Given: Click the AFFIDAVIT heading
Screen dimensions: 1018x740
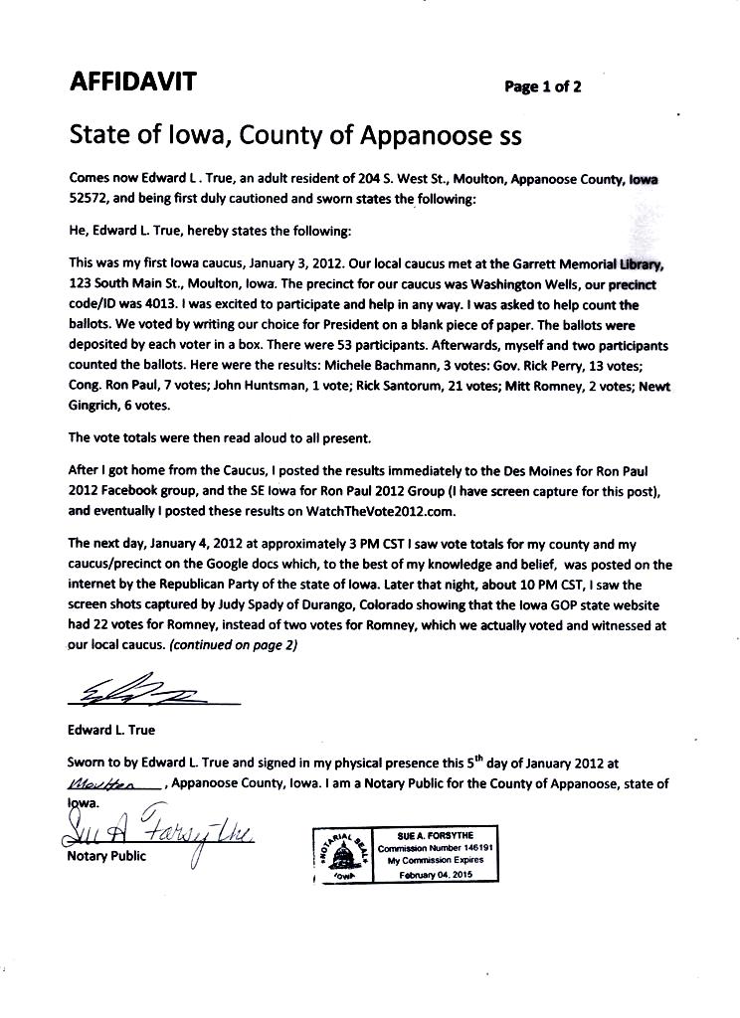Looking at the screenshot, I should (x=132, y=83).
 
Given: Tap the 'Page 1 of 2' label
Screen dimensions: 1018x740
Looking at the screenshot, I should (x=543, y=86).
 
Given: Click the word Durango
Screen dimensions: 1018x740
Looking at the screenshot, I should (x=302, y=605).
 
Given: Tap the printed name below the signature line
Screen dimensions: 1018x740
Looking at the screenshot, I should (x=112, y=730).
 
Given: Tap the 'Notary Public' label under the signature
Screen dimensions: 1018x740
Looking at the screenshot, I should (x=106, y=856).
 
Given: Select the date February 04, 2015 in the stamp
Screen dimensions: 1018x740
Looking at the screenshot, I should (x=439, y=874).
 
